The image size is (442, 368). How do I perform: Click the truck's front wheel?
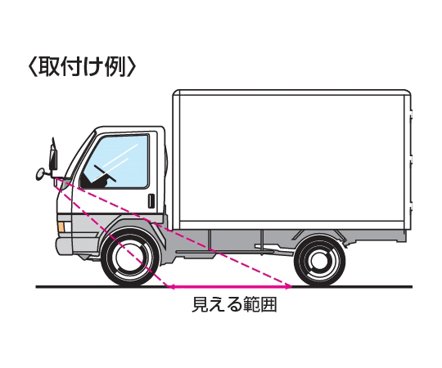coord(130,258)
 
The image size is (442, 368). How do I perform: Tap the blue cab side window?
coord(115,161)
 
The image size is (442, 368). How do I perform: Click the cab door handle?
coord(151,201)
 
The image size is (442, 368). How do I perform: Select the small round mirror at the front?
coord(42,173)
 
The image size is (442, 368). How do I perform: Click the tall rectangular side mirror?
coord(53,159)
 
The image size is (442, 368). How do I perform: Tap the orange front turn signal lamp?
coord(61,227)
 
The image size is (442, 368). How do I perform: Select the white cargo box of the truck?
coord(291,159)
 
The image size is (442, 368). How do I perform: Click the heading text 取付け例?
coord(83,67)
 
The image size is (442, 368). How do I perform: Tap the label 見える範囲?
coord(234,304)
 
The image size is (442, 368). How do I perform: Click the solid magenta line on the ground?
coord(230,287)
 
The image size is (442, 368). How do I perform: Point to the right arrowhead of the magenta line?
coord(290,287)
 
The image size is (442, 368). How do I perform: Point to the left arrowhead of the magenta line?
coord(169,287)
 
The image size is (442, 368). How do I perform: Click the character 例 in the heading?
coord(115,67)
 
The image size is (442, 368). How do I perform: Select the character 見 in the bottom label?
coord(200,304)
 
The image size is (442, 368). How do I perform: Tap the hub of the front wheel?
coord(130,258)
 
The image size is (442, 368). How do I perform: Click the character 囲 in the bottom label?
coord(268,304)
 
